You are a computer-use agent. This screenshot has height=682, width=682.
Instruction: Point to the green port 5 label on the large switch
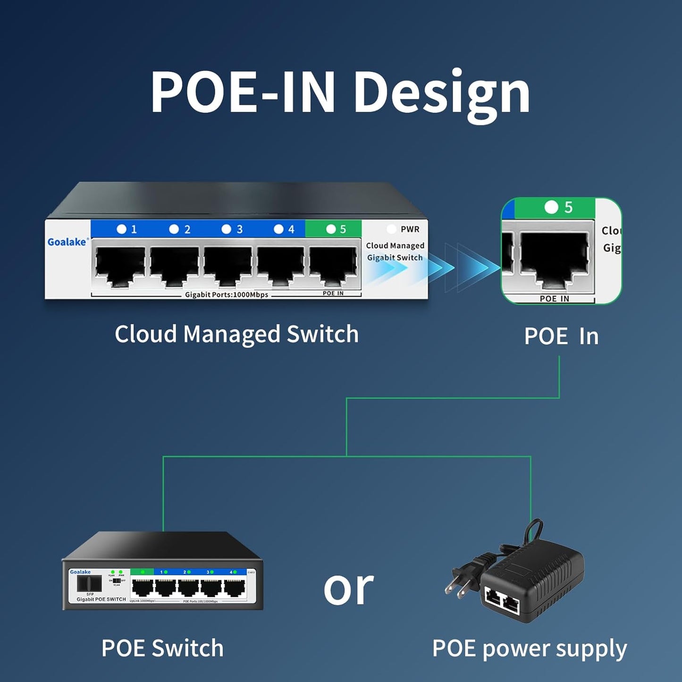tap(334, 229)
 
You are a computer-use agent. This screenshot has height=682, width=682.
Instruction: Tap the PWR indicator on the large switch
tap(404, 229)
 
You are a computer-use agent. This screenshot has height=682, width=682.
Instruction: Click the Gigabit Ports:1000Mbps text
tap(227, 295)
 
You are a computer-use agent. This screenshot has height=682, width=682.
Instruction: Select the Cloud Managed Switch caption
tap(236, 334)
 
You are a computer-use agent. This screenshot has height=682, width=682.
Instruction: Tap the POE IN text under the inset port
tap(554, 299)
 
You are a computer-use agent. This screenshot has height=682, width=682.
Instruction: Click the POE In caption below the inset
tap(561, 337)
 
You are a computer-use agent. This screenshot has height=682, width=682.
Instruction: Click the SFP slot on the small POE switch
tap(89, 583)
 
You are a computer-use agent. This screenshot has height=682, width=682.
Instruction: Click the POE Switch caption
tap(162, 648)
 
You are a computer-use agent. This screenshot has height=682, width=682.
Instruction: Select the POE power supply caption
tap(529, 648)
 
